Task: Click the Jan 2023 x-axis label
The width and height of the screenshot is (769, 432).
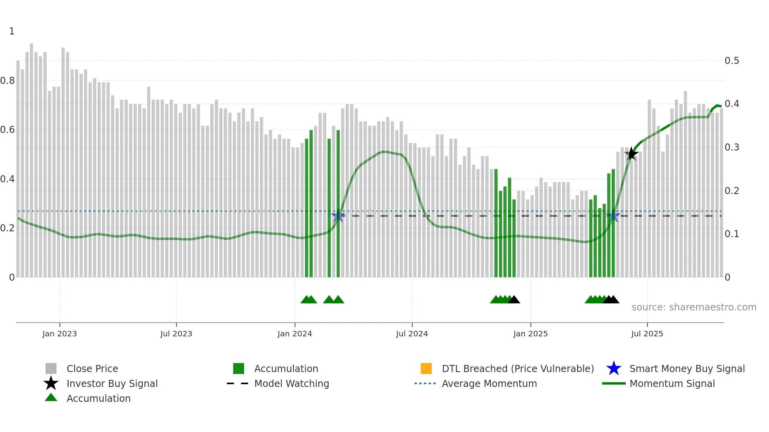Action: point(60,334)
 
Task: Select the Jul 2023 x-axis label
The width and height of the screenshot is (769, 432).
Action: point(176,334)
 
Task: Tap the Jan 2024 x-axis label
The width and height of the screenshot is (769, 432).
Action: point(295,334)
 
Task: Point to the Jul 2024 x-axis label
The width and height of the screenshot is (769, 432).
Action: point(412,334)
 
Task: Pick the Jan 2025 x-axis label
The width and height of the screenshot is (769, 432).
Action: point(530,334)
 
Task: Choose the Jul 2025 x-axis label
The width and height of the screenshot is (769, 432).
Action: point(647,334)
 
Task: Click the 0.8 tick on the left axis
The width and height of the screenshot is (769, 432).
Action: point(7,81)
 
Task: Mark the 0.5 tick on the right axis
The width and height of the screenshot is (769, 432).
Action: point(732,61)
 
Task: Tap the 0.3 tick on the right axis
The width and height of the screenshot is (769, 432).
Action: point(732,147)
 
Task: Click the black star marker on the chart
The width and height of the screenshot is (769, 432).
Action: point(631,154)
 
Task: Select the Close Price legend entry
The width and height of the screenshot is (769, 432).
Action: point(92,368)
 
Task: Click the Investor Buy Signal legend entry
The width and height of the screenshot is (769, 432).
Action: point(112,383)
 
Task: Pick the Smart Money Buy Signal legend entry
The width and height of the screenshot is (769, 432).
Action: point(687,368)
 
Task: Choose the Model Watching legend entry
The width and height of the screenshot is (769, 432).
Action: point(292,383)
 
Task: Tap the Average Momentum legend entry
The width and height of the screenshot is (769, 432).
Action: point(489,383)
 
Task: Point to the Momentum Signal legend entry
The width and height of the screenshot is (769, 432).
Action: point(672,383)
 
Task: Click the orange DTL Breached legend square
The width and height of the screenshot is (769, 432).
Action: point(426,368)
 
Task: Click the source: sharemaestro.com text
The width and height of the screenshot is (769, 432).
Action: point(694,307)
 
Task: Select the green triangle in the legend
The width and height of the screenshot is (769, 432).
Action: point(51,398)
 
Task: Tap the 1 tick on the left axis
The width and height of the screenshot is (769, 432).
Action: point(12,31)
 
